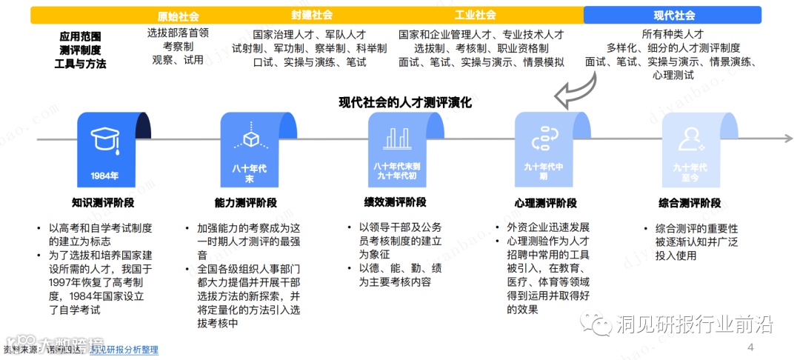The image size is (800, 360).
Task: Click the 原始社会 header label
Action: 178,16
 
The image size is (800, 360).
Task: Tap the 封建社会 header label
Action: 311,15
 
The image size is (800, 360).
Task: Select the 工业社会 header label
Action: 475,15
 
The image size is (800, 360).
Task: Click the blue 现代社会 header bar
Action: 673,16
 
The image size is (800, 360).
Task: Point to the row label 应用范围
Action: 80,36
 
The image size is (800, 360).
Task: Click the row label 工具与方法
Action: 80,64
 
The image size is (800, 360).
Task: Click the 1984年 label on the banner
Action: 104,176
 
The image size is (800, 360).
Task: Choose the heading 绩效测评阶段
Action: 396,203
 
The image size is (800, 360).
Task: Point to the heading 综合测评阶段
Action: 689,203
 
